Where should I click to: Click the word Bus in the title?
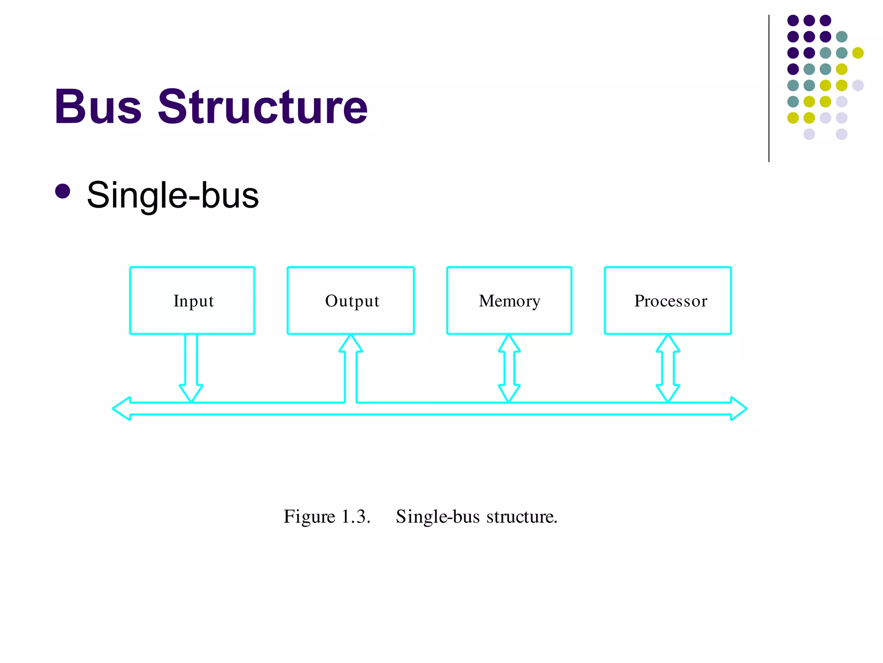98,107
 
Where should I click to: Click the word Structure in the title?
263,107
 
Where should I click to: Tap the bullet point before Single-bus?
63,192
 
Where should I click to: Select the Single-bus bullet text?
172,195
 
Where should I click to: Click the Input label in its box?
193,301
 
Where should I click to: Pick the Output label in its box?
352,301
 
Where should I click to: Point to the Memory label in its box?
509,301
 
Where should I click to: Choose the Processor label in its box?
670,301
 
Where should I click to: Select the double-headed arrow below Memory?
509,368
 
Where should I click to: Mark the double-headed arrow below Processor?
668,368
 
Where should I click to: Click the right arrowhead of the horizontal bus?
738,408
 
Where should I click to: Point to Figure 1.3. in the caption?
327,517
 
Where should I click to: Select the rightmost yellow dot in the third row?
858,53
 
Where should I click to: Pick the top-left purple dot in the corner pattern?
793,20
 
